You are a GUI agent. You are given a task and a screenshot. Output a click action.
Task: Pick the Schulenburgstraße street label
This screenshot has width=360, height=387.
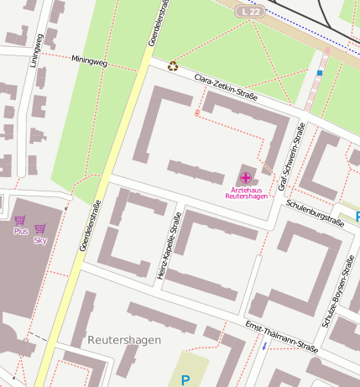315,215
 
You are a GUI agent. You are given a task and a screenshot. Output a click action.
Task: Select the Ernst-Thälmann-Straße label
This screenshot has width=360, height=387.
281,336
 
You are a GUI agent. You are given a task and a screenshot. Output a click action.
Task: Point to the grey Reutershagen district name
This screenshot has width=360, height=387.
123,339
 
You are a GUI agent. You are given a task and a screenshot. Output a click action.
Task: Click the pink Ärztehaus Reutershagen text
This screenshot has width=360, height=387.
245,193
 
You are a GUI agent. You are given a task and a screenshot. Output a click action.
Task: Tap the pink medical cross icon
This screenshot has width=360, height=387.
245,177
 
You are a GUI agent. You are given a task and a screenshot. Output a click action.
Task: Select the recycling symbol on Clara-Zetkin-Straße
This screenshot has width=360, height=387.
173,65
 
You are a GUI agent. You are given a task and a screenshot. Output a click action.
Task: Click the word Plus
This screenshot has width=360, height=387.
21,231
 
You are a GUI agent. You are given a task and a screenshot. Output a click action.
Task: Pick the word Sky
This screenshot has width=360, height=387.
39,240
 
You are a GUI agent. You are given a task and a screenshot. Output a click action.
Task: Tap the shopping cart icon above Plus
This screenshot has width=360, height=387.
20,220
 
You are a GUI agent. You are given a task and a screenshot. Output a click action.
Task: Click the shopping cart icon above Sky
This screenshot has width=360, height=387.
39,228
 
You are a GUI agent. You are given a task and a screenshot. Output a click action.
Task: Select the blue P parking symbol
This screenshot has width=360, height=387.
185,380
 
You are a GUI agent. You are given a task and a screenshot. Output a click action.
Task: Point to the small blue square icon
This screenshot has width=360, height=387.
320,73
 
